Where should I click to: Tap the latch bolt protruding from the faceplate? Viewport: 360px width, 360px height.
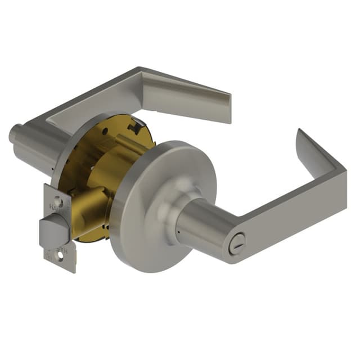(x=51, y=231)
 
